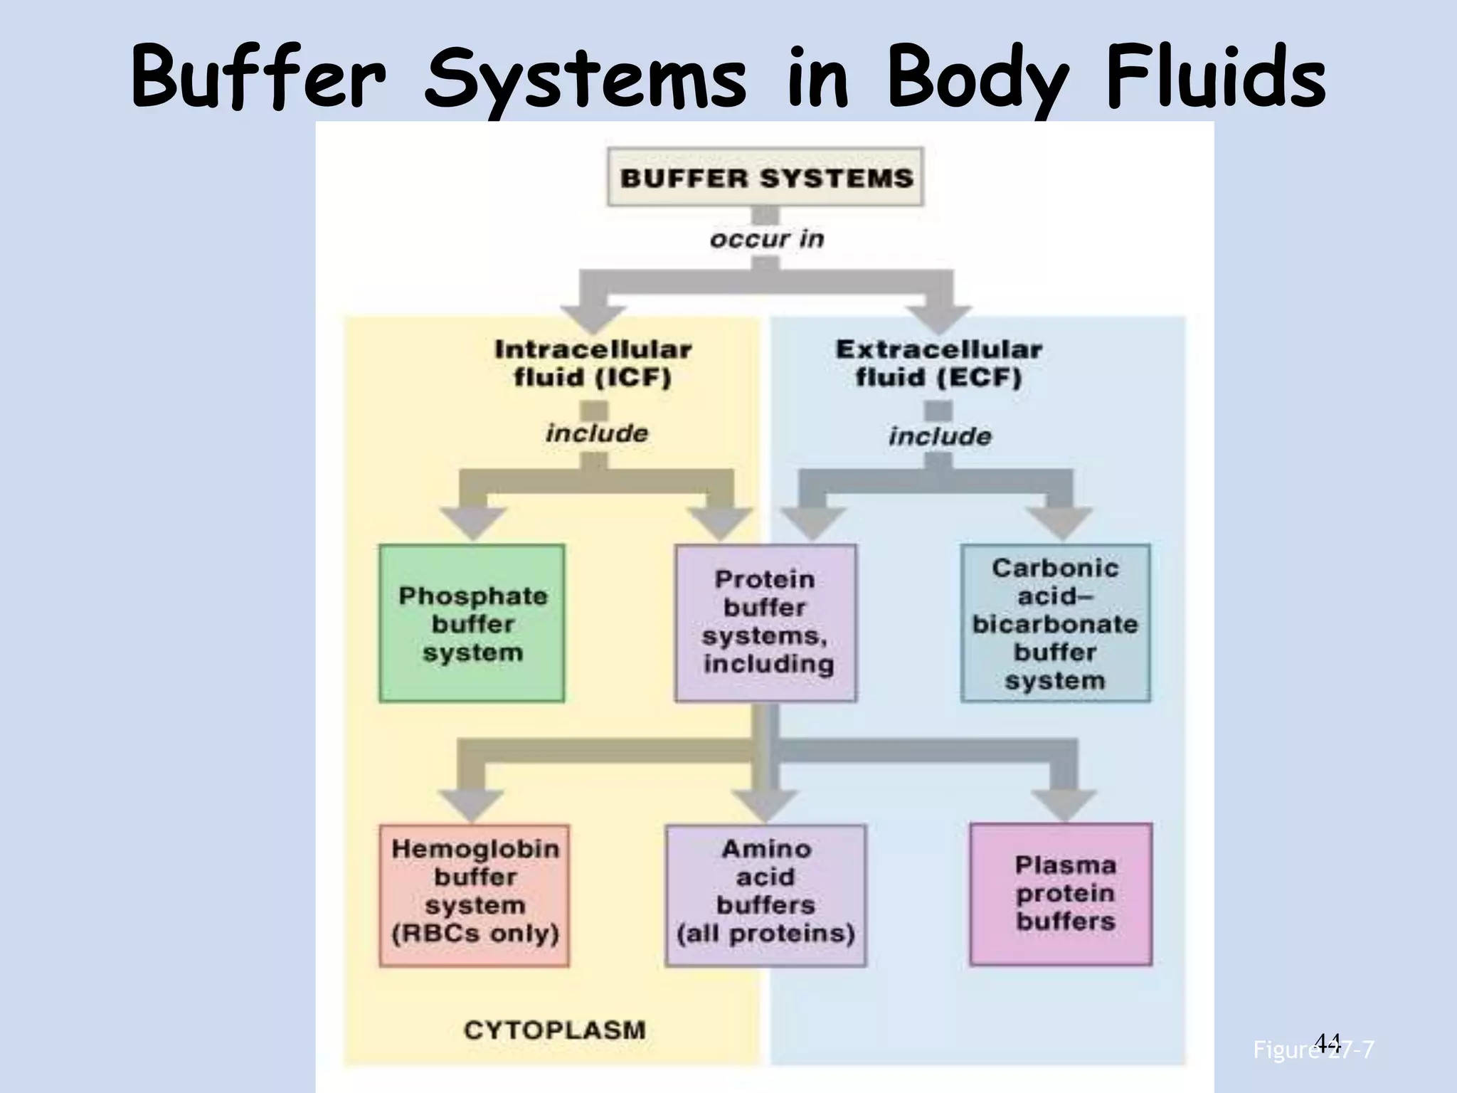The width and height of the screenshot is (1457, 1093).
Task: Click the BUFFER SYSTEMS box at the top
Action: pyautogui.click(x=765, y=177)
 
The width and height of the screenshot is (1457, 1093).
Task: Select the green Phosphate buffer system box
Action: pyautogui.click(x=472, y=623)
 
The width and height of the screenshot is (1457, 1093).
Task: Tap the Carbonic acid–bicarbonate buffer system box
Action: pyautogui.click(x=1055, y=623)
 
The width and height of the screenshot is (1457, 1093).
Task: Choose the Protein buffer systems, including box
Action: pyautogui.click(x=765, y=623)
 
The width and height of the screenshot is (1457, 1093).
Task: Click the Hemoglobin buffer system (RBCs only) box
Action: pyautogui.click(x=475, y=894)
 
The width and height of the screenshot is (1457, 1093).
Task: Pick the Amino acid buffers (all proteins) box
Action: pyautogui.click(x=765, y=894)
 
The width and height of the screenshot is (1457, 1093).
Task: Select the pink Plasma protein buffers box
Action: pyautogui.click(x=1061, y=894)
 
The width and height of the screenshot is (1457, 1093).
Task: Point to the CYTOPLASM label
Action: pyautogui.click(x=554, y=1030)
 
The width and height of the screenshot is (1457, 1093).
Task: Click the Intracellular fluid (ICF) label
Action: pyautogui.click(x=593, y=363)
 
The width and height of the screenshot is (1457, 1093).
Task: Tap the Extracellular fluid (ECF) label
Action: pyautogui.click(x=938, y=363)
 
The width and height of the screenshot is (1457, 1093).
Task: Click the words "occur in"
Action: pyautogui.click(x=766, y=238)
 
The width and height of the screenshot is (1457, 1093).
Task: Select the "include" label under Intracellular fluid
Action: pyautogui.click(x=597, y=433)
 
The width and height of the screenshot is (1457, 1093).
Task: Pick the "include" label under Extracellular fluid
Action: pyautogui.click(x=939, y=435)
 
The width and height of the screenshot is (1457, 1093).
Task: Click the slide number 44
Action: pyautogui.click(x=1328, y=1042)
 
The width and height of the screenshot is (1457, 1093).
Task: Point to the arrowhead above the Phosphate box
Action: pyautogui.click(x=472, y=523)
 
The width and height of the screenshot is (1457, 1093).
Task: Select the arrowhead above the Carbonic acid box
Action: pyautogui.click(x=1059, y=523)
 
